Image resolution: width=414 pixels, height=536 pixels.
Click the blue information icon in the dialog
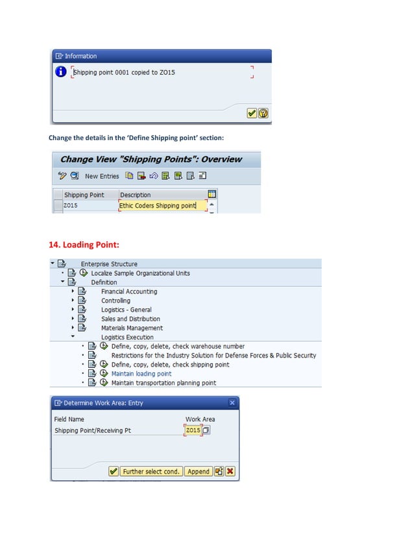coord(61,72)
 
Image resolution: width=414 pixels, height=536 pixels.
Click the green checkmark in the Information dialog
coord(252,113)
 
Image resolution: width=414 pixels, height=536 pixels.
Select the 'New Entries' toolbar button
coord(102,176)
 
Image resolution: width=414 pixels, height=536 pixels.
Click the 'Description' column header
coord(135,195)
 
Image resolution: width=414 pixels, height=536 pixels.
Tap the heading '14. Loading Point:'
coord(84,245)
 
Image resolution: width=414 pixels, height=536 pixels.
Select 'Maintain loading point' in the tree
coord(141,374)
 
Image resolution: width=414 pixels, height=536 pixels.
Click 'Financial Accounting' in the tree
coord(128,292)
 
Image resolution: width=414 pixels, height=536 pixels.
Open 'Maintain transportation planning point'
coord(164,383)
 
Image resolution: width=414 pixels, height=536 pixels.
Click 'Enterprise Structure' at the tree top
coord(108,264)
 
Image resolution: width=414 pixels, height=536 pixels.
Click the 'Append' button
coord(199,472)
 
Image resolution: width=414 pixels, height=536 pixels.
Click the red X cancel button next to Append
coord(230,472)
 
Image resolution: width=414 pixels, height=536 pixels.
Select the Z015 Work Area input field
coord(193,430)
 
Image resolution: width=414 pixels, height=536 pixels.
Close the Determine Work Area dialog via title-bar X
coord(232,403)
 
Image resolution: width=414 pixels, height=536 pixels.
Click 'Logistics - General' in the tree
coord(126,310)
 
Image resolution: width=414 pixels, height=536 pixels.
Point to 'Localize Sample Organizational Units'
coord(140,273)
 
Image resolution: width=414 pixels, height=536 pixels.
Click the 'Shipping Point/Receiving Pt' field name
coord(92,430)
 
